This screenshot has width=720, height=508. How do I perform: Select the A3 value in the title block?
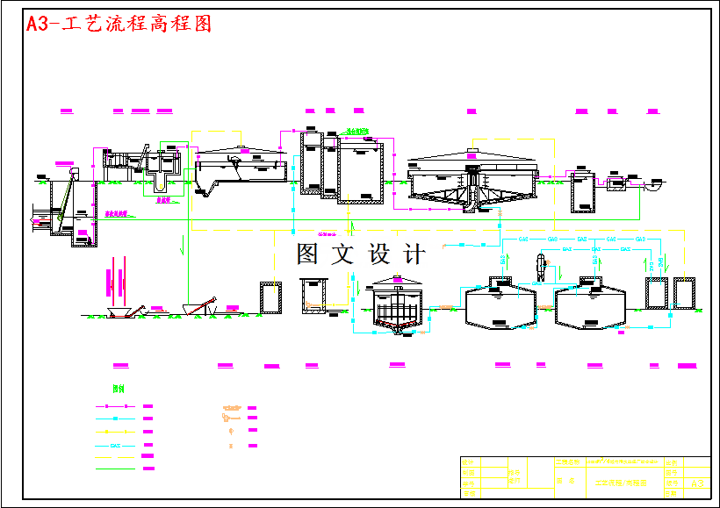point(698,483)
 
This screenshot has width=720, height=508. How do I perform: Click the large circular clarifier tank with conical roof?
point(472,182)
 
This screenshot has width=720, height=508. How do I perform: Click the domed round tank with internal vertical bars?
point(397,307)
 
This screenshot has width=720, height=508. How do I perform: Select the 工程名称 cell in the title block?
point(568,462)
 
